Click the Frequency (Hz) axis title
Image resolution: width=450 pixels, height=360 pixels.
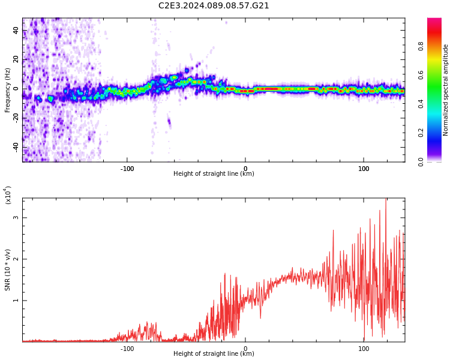pos(7,89)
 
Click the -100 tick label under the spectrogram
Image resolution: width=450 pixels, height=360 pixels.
pos(127,169)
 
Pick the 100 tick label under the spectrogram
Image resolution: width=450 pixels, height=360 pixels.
pos(364,169)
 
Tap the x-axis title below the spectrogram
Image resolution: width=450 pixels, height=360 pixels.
pos(214,174)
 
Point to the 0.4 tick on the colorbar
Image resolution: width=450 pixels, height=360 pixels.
pos(437,104)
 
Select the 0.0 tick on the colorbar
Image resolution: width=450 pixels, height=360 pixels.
pos(437,161)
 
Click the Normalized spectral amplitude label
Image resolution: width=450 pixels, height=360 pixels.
pos(446,90)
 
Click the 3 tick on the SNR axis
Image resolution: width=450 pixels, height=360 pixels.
pos(16,218)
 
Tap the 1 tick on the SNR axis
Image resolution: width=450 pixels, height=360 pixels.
pos(16,301)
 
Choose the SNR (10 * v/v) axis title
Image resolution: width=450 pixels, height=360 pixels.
pos(7,270)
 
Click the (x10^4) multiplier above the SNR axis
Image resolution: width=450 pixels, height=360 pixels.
pos(8,195)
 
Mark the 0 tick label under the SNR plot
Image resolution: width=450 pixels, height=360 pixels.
pos(245,349)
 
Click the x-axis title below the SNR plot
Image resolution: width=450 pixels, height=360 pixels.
pos(214,354)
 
